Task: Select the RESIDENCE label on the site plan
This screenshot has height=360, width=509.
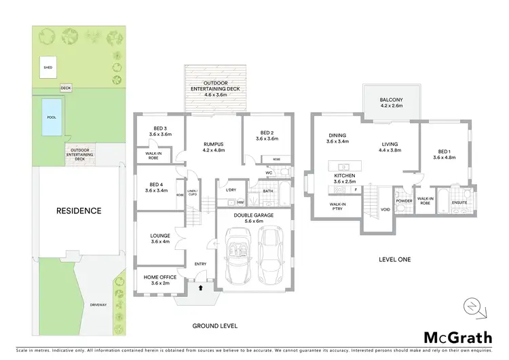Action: (79, 211)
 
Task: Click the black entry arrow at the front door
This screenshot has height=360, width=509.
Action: (200, 288)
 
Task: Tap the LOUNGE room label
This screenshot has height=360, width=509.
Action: (160, 238)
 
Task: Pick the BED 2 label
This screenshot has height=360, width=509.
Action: (268, 135)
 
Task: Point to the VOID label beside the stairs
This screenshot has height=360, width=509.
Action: (385, 210)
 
